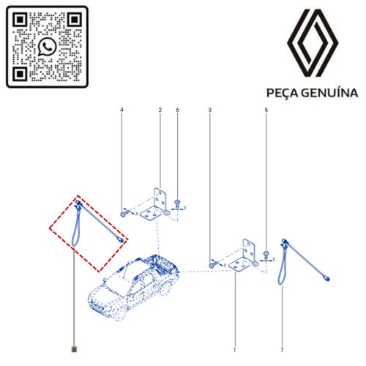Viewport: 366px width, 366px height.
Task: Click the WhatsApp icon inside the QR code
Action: click(47, 46)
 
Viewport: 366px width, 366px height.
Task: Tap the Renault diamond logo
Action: click(313, 43)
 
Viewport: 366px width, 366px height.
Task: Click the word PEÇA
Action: click(282, 94)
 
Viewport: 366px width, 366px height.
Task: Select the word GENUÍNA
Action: click(329, 93)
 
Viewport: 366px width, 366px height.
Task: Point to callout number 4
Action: click(122, 110)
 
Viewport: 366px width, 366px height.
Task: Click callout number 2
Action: click(160, 110)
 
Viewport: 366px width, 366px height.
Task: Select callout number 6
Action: click(177, 110)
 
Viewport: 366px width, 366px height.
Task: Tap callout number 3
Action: click(210, 110)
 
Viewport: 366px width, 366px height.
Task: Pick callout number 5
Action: click(266, 110)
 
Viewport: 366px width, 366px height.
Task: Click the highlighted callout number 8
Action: click(74, 350)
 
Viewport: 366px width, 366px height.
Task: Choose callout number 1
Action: click(234, 350)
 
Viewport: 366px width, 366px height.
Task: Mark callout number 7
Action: click(282, 350)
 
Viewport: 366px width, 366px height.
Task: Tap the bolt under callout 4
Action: click(123, 214)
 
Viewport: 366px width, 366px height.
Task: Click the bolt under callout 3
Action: click(212, 265)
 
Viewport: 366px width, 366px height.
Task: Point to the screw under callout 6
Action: click(177, 203)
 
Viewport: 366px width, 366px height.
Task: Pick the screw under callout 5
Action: click(266, 255)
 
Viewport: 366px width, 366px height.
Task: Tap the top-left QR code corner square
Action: click(20, 19)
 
